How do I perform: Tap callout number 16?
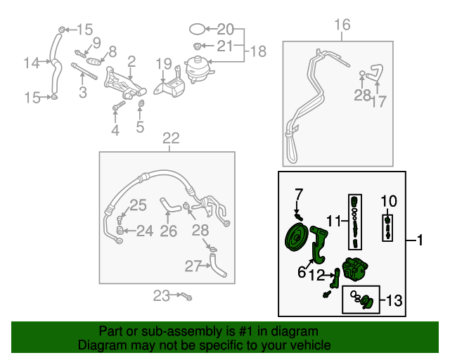click(342, 26)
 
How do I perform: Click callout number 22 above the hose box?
click(171, 138)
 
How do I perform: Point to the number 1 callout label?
click(420, 241)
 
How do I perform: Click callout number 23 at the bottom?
click(162, 296)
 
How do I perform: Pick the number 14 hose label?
click(32, 63)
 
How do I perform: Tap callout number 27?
click(193, 265)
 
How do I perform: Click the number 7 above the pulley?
click(298, 193)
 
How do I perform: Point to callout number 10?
click(389, 202)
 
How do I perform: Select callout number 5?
click(140, 127)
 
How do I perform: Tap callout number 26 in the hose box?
click(168, 230)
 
